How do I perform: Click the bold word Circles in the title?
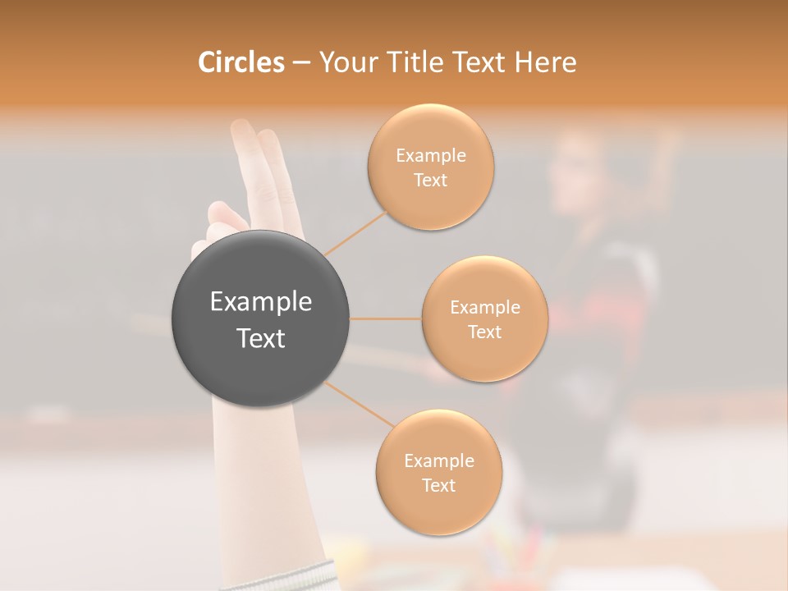pos(241,62)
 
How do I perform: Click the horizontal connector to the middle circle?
pos(385,318)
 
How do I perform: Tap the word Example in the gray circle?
pos(260,302)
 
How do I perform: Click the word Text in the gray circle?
pos(260,338)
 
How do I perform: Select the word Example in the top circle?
pos(430,156)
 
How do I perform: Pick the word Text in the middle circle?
pos(484,332)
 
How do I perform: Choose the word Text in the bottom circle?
pos(438,486)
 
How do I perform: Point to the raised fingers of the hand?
pos(261,156)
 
